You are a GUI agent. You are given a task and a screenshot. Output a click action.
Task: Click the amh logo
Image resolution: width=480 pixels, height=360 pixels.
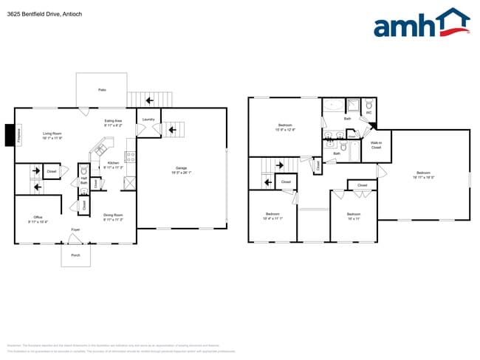(x=421, y=24)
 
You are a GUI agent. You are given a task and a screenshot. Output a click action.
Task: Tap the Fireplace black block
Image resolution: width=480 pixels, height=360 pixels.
(x=9, y=135)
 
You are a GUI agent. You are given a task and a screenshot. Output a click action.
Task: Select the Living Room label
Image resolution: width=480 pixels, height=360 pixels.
(x=51, y=133)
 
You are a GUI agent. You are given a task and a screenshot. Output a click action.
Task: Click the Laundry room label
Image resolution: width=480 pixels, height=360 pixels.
(x=148, y=120)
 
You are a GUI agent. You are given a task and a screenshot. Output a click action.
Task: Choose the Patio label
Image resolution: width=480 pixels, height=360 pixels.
(x=102, y=90)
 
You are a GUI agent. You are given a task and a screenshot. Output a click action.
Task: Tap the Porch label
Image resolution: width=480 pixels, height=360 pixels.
(x=75, y=255)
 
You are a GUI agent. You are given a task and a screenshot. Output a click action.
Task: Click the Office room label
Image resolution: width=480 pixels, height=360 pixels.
(x=38, y=217)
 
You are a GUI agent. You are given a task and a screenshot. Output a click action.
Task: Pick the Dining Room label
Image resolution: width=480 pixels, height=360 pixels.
(x=113, y=215)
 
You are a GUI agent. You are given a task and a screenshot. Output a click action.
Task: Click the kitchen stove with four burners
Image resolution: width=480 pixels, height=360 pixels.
(x=130, y=156)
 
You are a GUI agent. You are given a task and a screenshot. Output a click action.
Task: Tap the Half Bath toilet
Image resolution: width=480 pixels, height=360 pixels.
(x=83, y=170)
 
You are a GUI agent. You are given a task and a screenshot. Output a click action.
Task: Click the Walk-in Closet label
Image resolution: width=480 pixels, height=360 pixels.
(x=376, y=146)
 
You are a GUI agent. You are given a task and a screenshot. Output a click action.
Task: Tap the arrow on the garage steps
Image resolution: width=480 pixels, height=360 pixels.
(x=173, y=131)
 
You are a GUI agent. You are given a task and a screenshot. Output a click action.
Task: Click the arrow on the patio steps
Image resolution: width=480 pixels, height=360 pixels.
(x=150, y=100)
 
